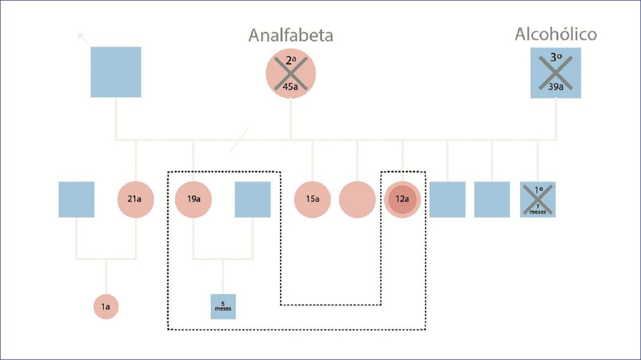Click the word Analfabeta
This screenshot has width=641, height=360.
click(x=291, y=36)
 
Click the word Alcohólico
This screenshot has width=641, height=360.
click(x=556, y=34)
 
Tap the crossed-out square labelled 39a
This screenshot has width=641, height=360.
click(x=556, y=73)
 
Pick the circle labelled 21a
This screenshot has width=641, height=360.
click(x=135, y=199)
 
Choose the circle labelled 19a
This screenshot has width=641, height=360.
click(x=193, y=199)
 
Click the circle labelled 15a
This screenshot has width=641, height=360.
click(x=312, y=199)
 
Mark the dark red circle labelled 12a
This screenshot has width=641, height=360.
click(x=403, y=199)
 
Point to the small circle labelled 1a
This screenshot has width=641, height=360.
click(x=105, y=307)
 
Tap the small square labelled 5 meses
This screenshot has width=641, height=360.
click(x=223, y=307)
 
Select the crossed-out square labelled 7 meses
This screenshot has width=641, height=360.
click(x=537, y=199)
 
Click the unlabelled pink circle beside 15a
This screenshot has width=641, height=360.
click(x=357, y=199)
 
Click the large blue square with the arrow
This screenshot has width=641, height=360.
click(x=116, y=72)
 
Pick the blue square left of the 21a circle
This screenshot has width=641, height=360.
click(x=76, y=199)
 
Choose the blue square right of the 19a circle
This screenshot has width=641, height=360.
click(x=252, y=199)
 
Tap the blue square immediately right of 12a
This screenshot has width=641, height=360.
click(x=447, y=199)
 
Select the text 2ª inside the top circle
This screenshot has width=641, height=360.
click(x=291, y=60)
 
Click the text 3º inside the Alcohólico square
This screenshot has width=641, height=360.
click(x=556, y=58)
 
